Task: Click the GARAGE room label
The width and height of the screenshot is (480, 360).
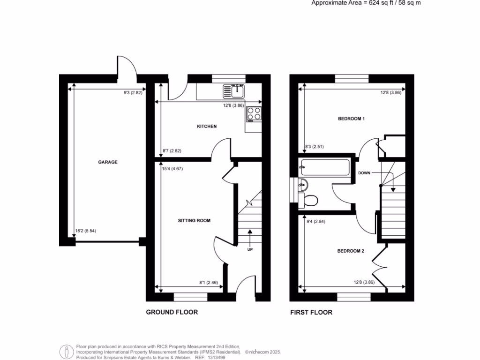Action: pyautogui.click(x=107, y=162)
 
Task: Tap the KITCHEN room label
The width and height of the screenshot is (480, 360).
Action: pyautogui.click(x=206, y=127)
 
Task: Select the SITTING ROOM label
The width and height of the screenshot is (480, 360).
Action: pyautogui.click(x=194, y=220)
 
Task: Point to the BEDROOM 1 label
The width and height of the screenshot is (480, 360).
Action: pyautogui.click(x=351, y=119)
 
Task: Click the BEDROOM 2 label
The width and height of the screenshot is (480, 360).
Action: pyautogui.click(x=351, y=251)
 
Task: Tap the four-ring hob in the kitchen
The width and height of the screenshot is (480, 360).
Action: pyautogui.click(x=254, y=113)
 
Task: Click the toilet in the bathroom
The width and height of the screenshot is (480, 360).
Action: pyautogui.click(x=310, y=200)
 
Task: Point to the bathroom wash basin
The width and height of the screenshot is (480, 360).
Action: pyautogui.click(x=303, y=184)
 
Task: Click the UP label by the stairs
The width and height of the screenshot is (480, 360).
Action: pyautogui.click(x=250, y=249)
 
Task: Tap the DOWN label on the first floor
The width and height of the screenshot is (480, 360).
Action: pyautogui.click(x=364, y=173)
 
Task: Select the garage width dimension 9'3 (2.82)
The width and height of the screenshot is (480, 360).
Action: pyautogui.click(x=133, y=93)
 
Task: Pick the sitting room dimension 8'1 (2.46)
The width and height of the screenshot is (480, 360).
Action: pyautogui.click(x=208, y=282)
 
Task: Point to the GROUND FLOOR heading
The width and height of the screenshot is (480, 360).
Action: pyautogui.click(x=172, y=312)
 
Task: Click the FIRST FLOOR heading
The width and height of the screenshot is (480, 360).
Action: pyautogui.click(x=311, y=312)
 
